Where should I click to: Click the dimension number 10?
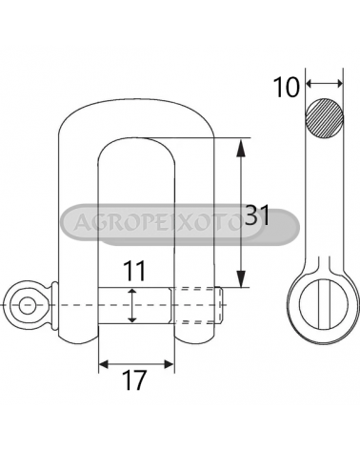click(x=286, y=88)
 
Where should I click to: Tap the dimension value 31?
click(x=257, y=215)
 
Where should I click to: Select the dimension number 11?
click(x=134, y=271)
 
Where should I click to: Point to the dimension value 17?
click(x=135, y=380)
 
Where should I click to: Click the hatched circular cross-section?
click(x=325, y=117)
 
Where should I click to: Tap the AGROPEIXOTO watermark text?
click(x=158, y=221)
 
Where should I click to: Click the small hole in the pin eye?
click(x=27, y=305)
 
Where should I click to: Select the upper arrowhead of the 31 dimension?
click(x=241, y=148)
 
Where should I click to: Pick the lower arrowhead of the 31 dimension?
click(x=241, y=278)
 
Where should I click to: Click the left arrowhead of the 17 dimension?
click(x=104, y=364)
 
